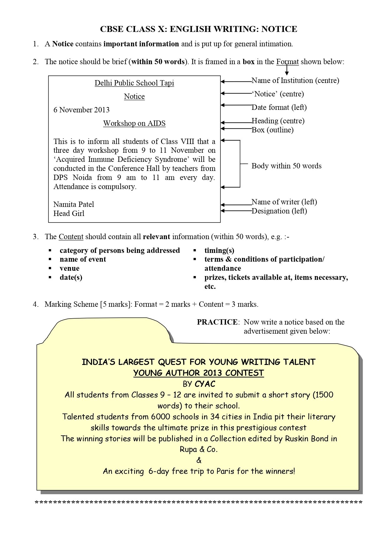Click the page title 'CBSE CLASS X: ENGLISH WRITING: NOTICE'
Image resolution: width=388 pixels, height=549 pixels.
[199, 29]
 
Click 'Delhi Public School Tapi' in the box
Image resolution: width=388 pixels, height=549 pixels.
[134, 83]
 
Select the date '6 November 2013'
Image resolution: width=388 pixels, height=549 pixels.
[81, 110]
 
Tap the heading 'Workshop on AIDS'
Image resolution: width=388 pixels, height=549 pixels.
[134, 123]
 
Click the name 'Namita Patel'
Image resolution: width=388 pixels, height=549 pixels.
[73, 204]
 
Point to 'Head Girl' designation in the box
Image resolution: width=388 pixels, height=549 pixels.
[69, 213]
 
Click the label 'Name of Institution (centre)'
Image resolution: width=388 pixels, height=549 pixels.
[295, 80]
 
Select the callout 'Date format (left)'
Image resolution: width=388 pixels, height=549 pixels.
[279, 107]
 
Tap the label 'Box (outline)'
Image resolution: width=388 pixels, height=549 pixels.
[272, 130]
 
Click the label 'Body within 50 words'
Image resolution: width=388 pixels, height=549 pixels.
[286, 166]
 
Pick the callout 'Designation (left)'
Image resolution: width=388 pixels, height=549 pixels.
[279, 211]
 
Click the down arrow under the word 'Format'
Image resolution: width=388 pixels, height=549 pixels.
[287, 71]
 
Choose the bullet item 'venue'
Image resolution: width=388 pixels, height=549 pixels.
[69, 269]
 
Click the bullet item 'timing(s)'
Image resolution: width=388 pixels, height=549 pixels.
[219, 250]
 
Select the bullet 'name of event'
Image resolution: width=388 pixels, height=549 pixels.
[83, 259]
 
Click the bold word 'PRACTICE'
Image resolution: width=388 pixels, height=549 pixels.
[217, 322]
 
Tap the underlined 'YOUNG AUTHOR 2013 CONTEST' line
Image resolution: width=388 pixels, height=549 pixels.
[199, 373]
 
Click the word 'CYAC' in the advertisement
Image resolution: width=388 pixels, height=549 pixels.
[205, 384]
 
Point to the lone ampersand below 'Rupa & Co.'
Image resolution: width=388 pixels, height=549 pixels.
[199, 460]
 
